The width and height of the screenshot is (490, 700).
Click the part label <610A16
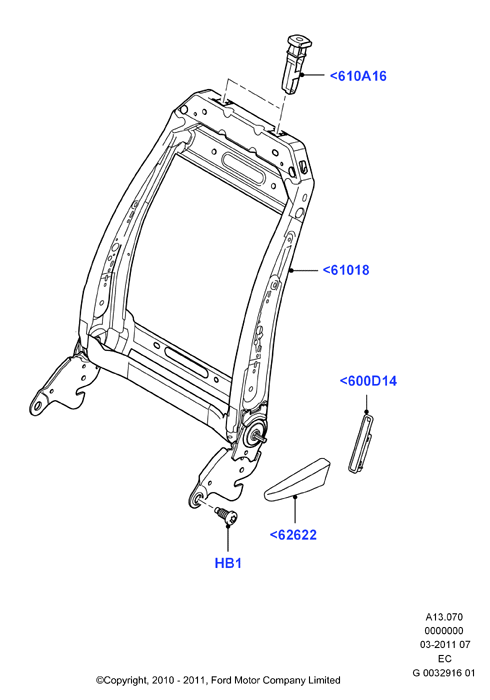pos(358,76)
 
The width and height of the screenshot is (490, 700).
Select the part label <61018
pos(346,270)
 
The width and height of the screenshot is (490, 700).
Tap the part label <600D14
pos(368,381)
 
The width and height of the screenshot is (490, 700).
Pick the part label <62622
pos(293,534)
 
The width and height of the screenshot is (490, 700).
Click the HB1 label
pos(228,563)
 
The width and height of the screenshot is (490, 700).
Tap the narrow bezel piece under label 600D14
pos(361,443)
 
